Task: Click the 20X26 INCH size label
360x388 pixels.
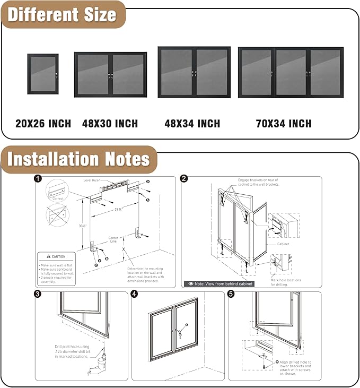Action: click(43, 124)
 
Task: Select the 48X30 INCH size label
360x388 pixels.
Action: click(110, 124)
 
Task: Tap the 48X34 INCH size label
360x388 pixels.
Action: click(192, 124)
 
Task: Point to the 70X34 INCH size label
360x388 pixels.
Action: click(284, 124)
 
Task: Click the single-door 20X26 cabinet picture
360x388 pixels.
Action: click(43, 74)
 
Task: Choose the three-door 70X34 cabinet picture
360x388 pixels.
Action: click(291, 72)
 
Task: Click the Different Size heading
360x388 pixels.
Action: click(62, 14)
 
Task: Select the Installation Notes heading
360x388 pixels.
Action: click(79, 159)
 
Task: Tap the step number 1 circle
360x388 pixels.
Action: click(38, 179)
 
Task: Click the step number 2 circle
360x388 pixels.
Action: click(183, 179)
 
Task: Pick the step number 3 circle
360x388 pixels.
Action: click(38, 294)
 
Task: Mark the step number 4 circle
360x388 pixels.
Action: click(134, 294)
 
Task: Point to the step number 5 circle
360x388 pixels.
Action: click(231, 294)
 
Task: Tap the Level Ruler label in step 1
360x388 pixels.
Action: click(93, 180)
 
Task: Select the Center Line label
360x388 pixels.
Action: click(113, 240)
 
